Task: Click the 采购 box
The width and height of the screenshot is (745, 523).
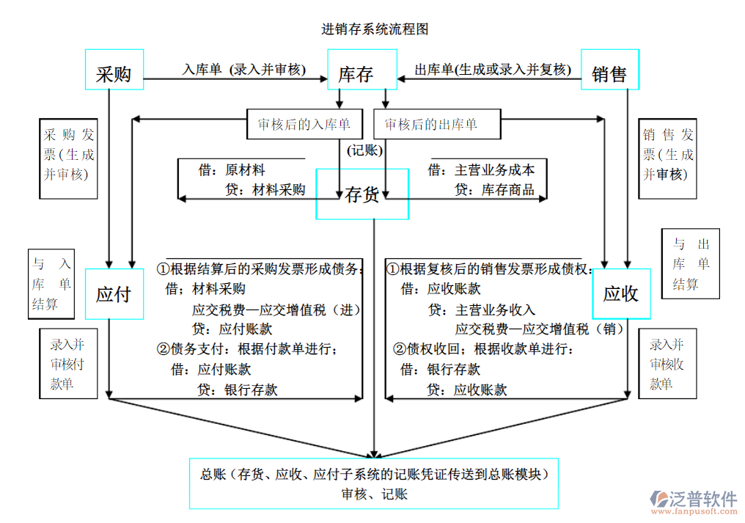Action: tap(114, 70)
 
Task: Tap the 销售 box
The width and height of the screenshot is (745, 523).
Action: tap(609, 70)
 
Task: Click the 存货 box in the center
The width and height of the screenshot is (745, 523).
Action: tap(362, 194)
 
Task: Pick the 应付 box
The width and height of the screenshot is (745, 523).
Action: tap(114, 294)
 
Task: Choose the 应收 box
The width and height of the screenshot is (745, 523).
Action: tap(621, 294)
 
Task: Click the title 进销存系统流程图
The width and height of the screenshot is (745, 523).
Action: tap(375, 29)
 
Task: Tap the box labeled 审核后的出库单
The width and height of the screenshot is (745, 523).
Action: tap(436, 125)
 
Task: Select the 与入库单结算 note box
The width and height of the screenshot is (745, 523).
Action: tap(51, 284)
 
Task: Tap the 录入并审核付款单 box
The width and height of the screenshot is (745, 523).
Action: tap(67, 364)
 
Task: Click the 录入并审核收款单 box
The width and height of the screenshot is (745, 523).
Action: tap(667, 364)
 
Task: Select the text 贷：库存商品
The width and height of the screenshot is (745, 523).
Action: tap(494, 191)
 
